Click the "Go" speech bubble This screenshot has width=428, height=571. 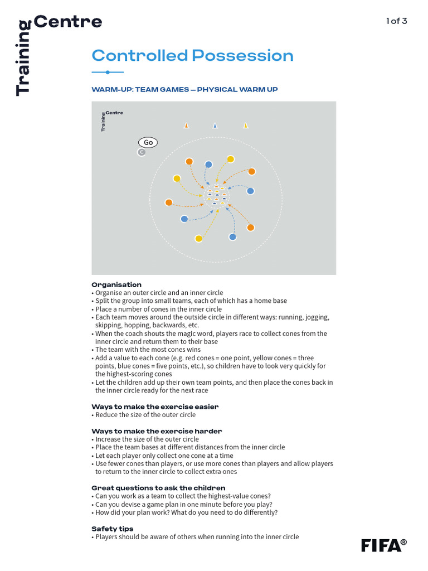click(x=148, y=142)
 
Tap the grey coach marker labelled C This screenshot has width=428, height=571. click(x=142, y=152)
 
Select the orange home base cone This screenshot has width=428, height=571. click(x=186, y=125)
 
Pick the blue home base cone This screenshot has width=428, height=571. click(x=215, y=125)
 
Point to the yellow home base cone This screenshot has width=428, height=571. click(x=245, y=125)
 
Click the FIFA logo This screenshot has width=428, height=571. click(x=383, y=545)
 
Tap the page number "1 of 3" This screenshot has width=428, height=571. click(x=396, y=22)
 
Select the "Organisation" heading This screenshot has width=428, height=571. click(x=116, y=284)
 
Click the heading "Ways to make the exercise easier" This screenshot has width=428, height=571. click(x=155, y=407)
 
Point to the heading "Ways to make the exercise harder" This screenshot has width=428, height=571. click(x=157, y=431)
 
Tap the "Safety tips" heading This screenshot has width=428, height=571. click(x=112, y=529)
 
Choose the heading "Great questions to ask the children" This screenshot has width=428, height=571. click(x=158, y=488)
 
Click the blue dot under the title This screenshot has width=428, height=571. click(x=107, y=72)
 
